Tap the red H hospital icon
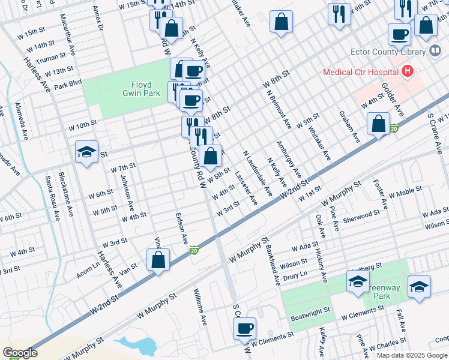[408, 72]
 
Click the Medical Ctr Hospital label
[361, 72]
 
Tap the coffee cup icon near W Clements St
[245, 329]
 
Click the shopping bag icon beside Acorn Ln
[158, 260]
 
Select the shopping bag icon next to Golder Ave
[378, 124]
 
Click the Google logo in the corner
[20, 352]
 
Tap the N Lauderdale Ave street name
[257, 173]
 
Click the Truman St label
[50, 58]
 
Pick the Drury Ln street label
[295, 275]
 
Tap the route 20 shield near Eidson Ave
[194, 249]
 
